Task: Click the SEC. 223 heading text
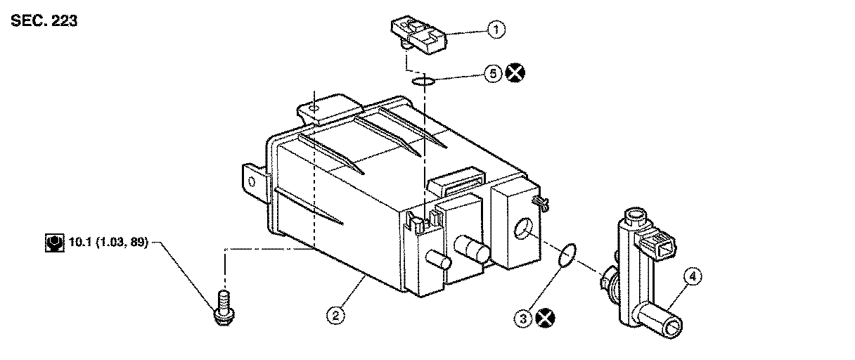pyautogui.click(x=44, y=20)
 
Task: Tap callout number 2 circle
pyautogui.click(x=337, y=316)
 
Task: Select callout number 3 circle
pyautogui.click(x=522, y=319)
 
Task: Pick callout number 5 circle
pyautogui.click(x=494, y=72)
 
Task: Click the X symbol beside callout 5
pyautogui.click(x=516, y=72)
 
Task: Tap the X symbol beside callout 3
pyautogui.click(x=544, y=319)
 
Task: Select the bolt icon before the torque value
pyautogui.click(x=51, y=244)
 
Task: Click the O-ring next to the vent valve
pyautogui.click(x=568, y=256)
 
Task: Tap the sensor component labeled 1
pyautogui.click(x=420, y=36)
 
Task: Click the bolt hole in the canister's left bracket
pyautogui.click(x=252, y=179)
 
